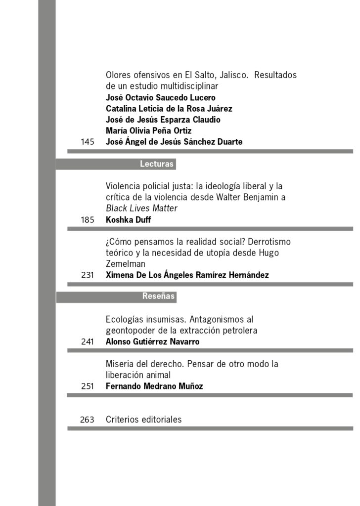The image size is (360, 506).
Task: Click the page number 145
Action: coord(87,142)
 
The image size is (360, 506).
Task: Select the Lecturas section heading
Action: coord(156,164)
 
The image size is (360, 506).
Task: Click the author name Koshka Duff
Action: coord(128,220)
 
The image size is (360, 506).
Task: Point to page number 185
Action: coord(87,220)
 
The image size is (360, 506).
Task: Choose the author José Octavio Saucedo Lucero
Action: coord(160,97)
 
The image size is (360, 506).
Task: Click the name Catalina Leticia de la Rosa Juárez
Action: coord(169,109)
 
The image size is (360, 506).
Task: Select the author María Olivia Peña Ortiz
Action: coord(148,131)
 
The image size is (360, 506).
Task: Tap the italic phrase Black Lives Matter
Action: coord(141,209)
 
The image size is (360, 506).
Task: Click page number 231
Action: coord(87,275)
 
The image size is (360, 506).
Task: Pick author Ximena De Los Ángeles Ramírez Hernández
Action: coord(187,275)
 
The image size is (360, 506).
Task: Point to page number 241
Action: coord(87,341)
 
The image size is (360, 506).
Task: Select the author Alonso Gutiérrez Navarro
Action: coord(152,341)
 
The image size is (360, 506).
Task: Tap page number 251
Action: coord(87,386)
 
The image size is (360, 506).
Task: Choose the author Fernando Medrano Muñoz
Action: coord(154,386)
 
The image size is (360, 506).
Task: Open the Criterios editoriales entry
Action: coord(143,420)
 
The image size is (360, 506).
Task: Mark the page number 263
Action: coord(87,420)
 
